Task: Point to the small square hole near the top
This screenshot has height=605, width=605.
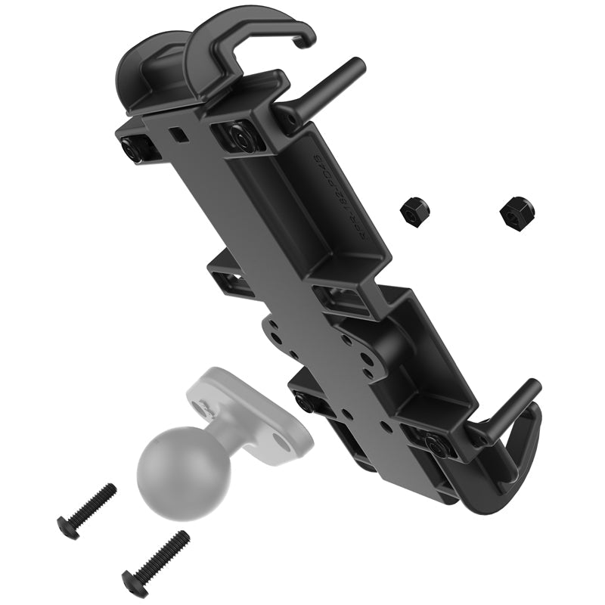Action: tap(177, 134)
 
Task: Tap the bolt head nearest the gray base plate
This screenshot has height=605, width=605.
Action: tap(304, 403)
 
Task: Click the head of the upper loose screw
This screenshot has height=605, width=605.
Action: tap(66, 526)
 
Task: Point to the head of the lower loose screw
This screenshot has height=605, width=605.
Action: tap(132, 582)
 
